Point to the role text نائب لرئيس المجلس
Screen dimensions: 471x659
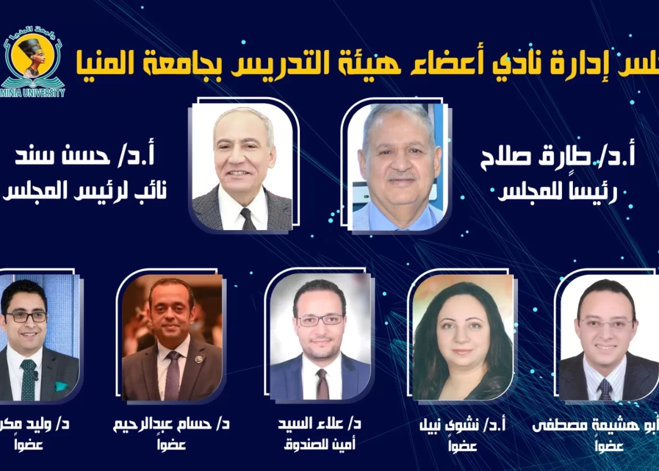coord(87,191)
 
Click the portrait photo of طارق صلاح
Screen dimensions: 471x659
coord(398,168)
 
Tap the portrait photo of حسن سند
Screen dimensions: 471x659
coord(242,168)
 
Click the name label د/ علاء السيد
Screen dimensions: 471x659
coord(319,424)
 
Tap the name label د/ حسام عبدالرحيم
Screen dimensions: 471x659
coord(171,424)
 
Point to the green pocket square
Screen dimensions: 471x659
coord(61,386)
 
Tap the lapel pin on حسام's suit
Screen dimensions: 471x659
coord(198,359)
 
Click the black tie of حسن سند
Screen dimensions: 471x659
coord(247,218)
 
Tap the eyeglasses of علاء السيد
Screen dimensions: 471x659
coord(320,320)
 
